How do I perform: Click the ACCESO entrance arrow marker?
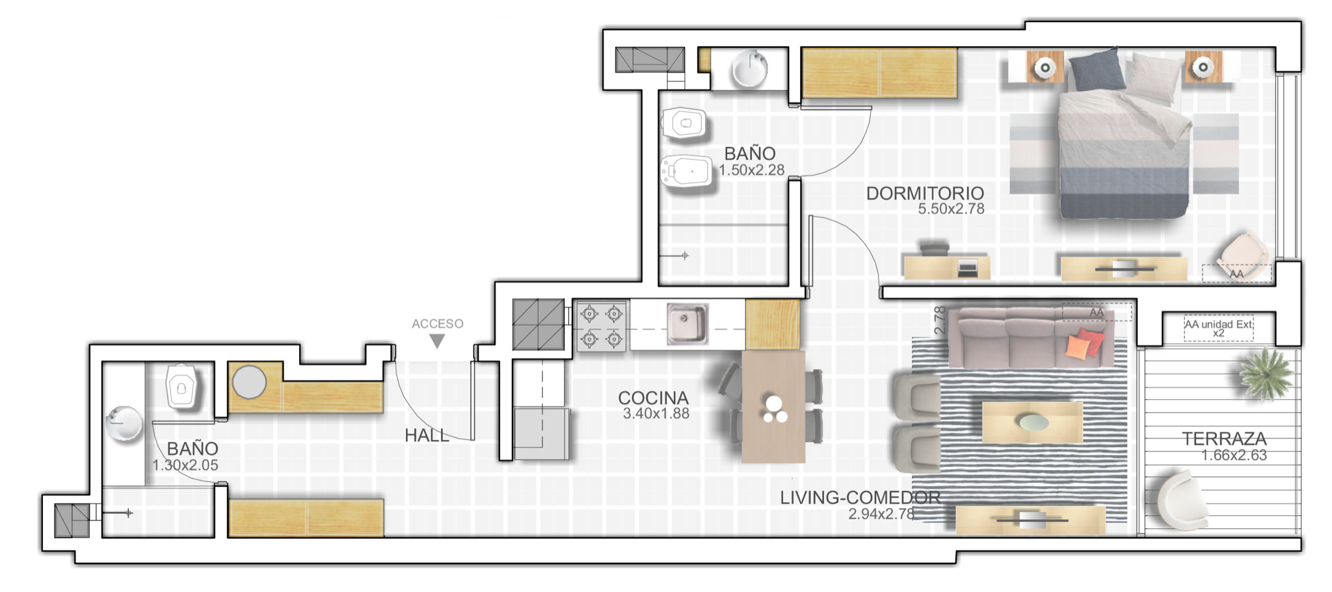click(437, 341)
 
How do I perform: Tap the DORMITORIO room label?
click(925, 193)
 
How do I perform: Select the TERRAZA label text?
click(1224, 439)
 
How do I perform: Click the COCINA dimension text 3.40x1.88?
click(656, 413)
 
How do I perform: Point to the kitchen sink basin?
click(687, 324)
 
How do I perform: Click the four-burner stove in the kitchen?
click(602, 326)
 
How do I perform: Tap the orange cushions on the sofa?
click(1085, 343)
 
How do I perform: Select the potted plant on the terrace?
click(1265, 373)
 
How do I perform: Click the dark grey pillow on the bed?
click(1097, 70)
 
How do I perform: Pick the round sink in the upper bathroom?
click(750, 69)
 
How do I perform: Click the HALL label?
click(427, 435)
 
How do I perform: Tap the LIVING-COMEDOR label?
click(860, 498)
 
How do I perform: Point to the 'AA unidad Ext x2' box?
click(1218, 328)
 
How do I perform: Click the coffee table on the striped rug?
click(1032, 422)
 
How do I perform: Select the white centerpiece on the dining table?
click(775, 409)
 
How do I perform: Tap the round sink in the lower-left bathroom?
click(124, 424)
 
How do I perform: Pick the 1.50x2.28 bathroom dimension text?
click(751, 170)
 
